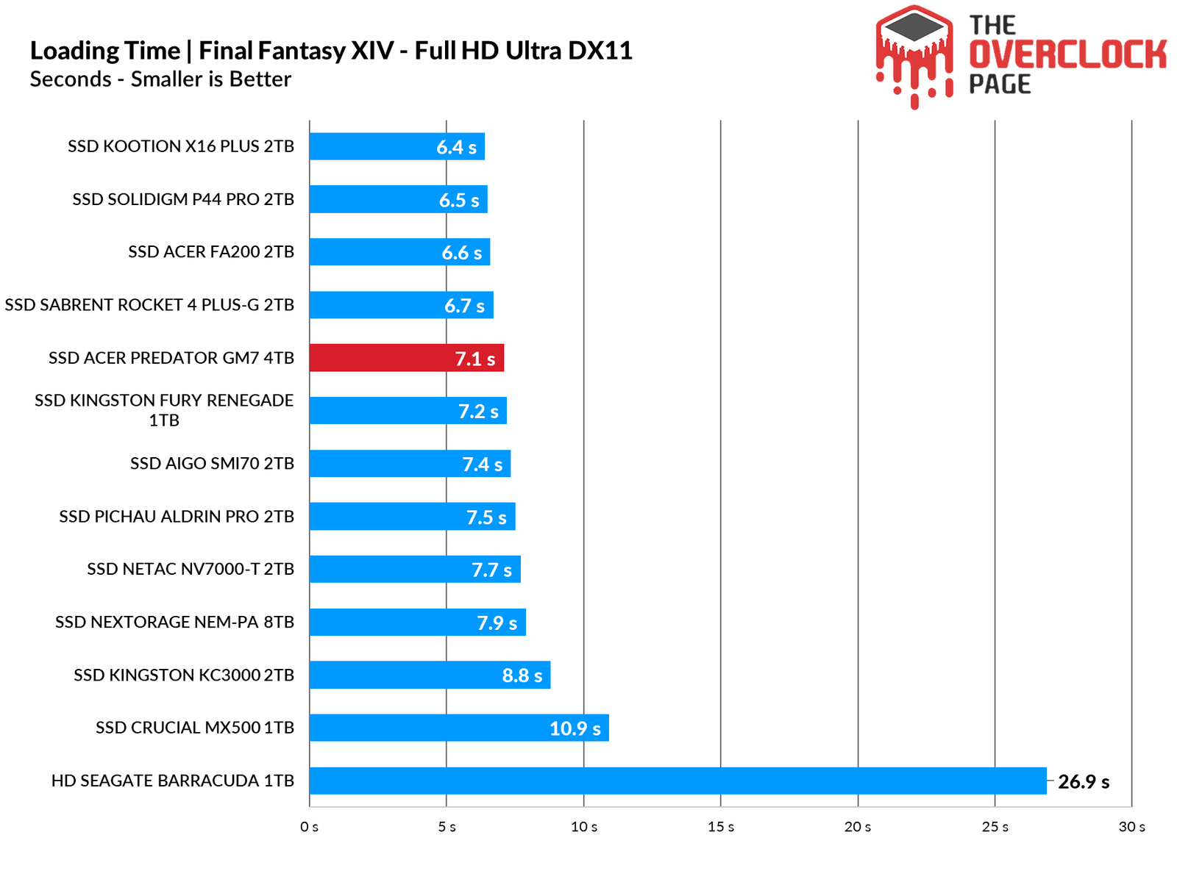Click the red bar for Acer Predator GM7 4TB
click(406, 358)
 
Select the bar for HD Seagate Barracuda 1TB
click(677, 781)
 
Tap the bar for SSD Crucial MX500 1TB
click(458, 728)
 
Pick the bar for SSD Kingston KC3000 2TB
click(430, 675)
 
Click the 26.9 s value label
click(1084, 782)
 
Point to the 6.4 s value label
click(456, 147)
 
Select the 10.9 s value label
click(575, 728)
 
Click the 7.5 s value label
click(486, 517)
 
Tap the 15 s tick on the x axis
click(721, 827)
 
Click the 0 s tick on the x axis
click(310, 827)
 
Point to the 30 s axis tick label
click(1131, 827)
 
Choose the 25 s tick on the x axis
click(995, 827)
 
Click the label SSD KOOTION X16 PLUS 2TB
click(181, 146)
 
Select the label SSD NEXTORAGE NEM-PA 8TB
click(174, 622)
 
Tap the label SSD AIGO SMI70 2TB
click(212, 463)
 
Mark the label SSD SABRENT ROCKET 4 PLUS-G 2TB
click(149, 305)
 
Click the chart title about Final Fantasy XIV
click(331, 51)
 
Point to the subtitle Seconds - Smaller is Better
click(160, 79)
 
